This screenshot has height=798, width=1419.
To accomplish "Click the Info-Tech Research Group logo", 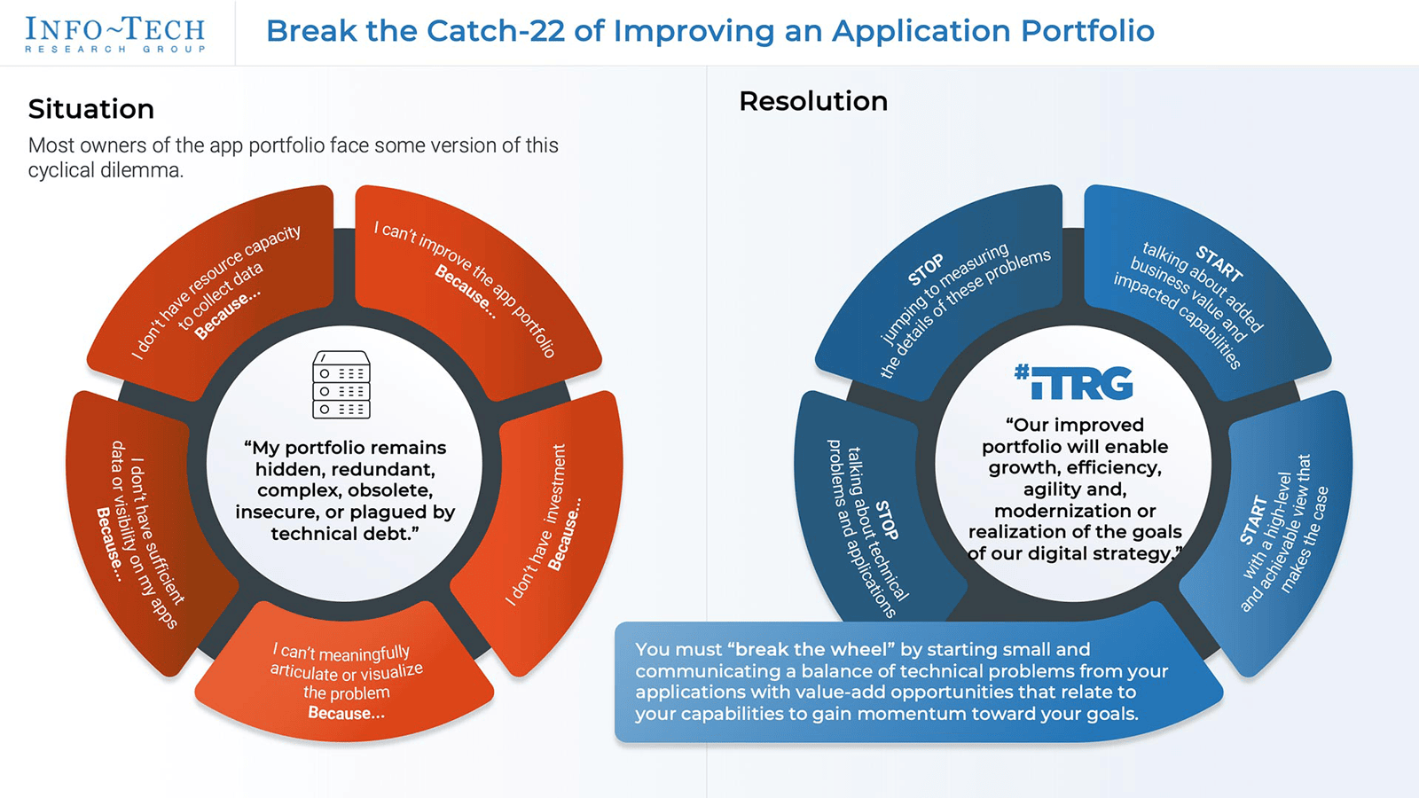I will click(x=115, y=34).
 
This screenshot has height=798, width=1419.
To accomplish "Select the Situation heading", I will click(x=91, y=109).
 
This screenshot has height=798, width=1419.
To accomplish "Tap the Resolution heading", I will click(x=813, y=101).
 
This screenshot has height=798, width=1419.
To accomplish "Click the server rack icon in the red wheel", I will click(x=341, y=385).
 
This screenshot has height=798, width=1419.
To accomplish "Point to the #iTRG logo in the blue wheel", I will click(x=1074, y=382).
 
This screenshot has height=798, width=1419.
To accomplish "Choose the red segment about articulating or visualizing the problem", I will click(x=346, y=683).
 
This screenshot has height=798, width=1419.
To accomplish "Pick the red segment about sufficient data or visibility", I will click(x=142, y=532).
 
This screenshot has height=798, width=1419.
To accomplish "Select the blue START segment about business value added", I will click(x=1193, y=293).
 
